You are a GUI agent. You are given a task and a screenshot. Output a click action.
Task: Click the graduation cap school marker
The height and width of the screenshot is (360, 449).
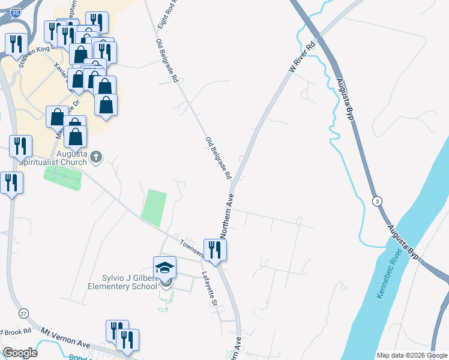pos(165,268)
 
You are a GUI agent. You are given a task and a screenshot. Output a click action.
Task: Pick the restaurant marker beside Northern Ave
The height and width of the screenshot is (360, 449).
pos(215,250)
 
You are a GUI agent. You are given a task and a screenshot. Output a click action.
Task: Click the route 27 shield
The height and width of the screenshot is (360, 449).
pos(23,313)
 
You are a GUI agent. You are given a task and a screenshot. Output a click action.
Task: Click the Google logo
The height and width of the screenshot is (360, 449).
pos(20,353)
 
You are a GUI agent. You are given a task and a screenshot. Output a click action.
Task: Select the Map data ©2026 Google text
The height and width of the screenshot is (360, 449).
pos(412,355)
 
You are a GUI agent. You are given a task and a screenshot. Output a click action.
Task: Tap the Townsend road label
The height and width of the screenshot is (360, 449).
pos(191,248)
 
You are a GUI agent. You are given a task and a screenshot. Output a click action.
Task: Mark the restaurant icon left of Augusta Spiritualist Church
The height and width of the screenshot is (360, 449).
pos(20,146)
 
